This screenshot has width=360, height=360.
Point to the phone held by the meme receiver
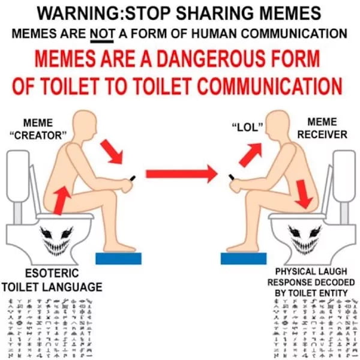tap(230, 177)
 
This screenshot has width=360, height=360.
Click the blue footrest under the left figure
tap(119, 258)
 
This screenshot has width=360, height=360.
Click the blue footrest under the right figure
tap(242, 258)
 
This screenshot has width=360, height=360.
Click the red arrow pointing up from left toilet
tap(60, 200)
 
